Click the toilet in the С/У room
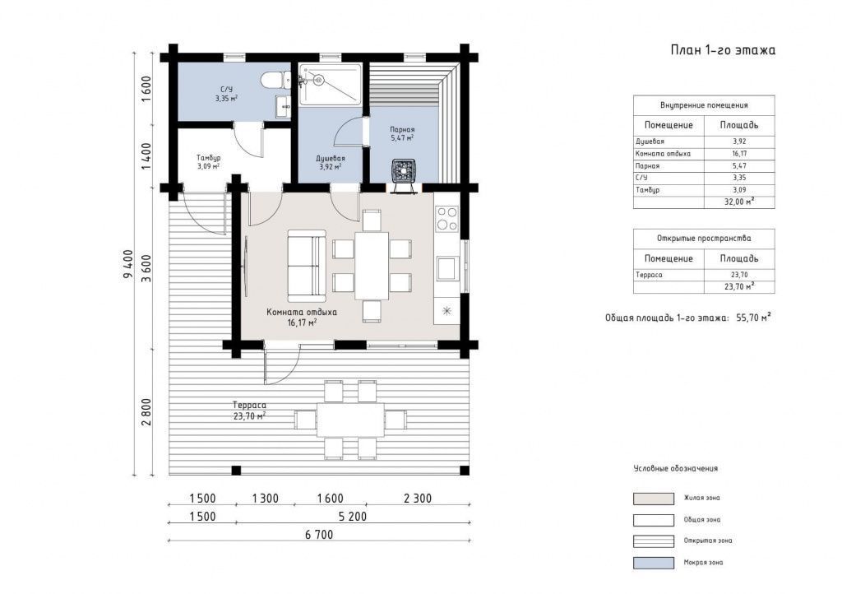[275, 81]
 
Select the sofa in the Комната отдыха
[306, 265]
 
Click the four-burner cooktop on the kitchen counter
[446, 218]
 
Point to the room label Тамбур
[208, 158]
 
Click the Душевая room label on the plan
[331, 159]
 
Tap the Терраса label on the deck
[249, 406]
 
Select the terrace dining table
[350, 420]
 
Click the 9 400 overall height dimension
[127, 264]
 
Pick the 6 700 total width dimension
[319, 535]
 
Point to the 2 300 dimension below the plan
[417, 499]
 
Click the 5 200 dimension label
[352, 517]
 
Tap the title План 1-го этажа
[723, 50]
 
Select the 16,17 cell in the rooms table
[739, 154]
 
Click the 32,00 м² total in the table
[739, 202]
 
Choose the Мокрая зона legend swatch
[654, 563]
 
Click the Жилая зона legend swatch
[654, 499]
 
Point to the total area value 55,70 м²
[753, 318]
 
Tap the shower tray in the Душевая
[331, 84]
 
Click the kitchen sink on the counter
[446, 268]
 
